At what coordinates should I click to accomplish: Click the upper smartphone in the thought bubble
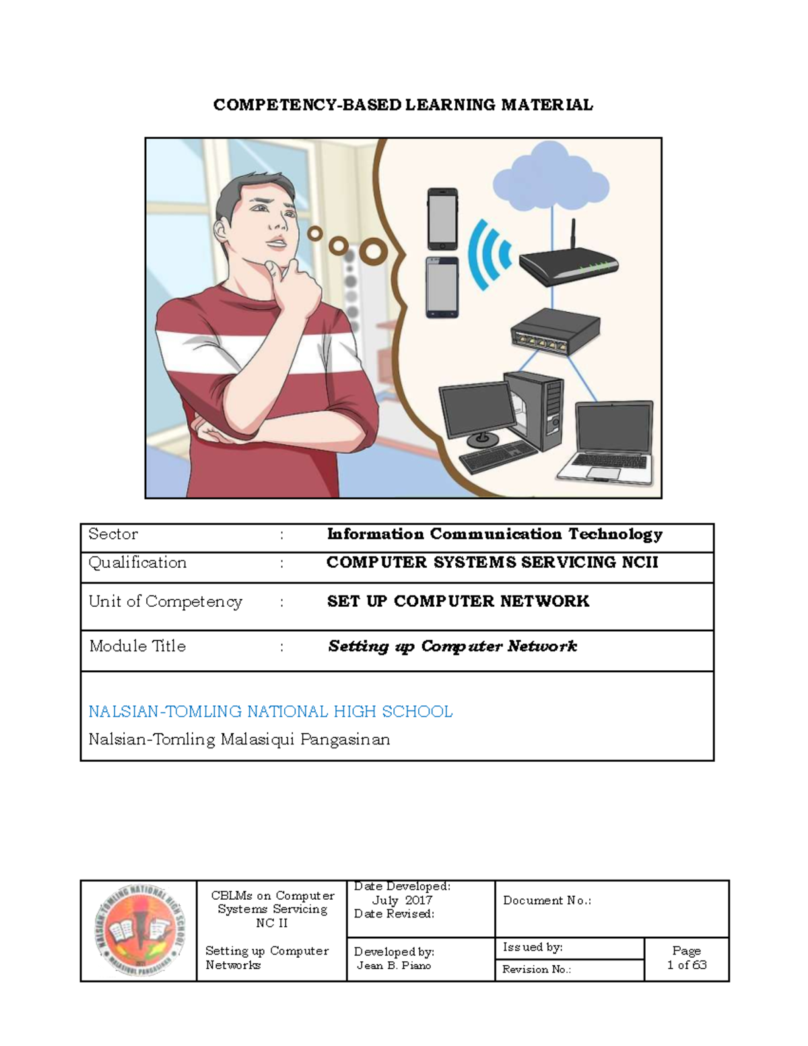[442, 219]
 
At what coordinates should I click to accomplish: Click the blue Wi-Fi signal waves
[490, 255]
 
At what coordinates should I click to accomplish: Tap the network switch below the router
[555, 332]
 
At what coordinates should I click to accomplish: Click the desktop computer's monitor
[477, 410]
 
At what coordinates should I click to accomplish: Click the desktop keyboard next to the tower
[498, 457]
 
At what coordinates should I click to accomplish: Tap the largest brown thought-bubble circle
[372, 252]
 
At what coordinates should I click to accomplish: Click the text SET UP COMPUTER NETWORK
[458, 601]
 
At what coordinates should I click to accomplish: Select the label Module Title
[137, 647]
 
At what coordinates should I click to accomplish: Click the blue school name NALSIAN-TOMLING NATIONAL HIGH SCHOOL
[270, 712]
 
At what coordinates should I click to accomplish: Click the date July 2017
[402, 901]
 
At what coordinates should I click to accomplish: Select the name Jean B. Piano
[394, 966]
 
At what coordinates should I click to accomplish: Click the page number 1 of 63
[686, 965]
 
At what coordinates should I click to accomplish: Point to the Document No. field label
[547, 901]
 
